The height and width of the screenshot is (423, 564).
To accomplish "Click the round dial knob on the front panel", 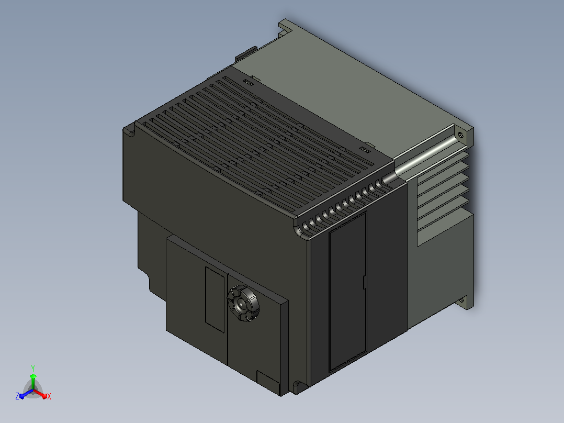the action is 243,303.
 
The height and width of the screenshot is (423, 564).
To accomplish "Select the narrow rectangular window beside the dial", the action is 215,299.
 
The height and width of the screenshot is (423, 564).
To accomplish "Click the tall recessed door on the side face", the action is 348,291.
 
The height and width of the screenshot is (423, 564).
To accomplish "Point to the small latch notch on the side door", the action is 364,282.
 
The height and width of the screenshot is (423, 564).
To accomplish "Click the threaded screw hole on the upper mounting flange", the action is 460,135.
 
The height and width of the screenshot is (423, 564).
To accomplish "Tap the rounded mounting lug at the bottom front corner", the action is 297,387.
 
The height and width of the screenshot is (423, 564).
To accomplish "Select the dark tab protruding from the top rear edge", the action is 246,54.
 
